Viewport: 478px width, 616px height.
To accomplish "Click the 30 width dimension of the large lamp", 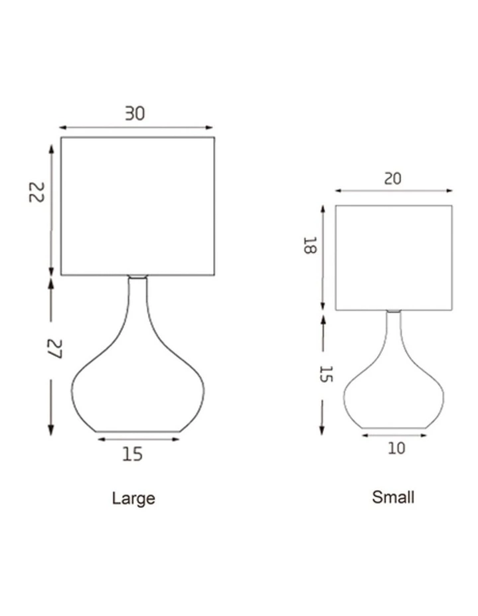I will pyautogui.click(x=135, y=114).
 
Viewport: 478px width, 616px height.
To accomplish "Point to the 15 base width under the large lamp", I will pyautogui.click(x=132, y=455).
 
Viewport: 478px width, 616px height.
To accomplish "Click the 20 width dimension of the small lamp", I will pyautogui.click(x=392, y=179).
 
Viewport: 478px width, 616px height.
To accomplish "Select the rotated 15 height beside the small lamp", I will pyautogui.click(x=325, y=373).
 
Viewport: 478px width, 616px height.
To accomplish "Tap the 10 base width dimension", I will pyautogui.click(x=396, y=448).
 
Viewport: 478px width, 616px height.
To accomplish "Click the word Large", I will pyautogui.click(x=133, y=498).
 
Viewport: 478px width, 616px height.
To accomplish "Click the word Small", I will pyautogui.click(x=393, y=497).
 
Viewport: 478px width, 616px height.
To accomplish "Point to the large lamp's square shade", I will pyautogui.click(x=137, y=206).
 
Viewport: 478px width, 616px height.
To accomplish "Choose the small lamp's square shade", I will pyautogui.click(x=393, y=258).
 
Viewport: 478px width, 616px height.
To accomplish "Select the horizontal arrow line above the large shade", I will pyautogui.click(x=136, y=127).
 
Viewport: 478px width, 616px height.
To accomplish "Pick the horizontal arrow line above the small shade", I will pyautogui.click(x=394, y=191).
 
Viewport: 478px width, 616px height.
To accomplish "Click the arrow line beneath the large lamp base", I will pyautogui.click(x=137, y=439).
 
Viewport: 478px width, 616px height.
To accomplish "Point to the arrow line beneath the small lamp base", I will pyautogui.click(x=394, y=436).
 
